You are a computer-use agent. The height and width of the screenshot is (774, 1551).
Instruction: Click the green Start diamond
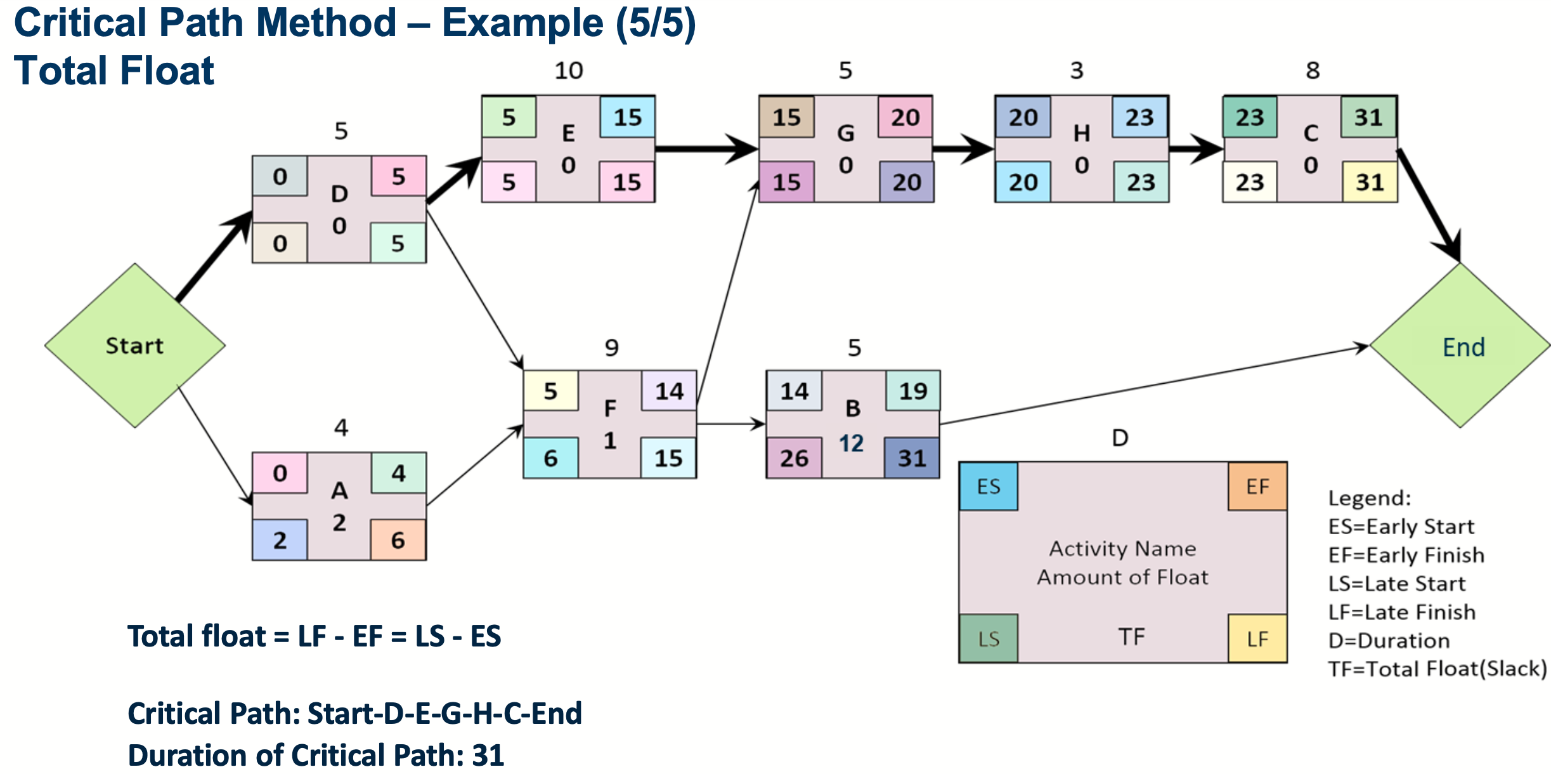point(134,346)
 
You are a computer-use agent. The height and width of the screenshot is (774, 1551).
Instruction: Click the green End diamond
point(1460,346)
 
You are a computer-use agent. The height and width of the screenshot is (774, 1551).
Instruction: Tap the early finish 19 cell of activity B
point(912,391)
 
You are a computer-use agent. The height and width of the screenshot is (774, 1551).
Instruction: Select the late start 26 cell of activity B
point(794,458)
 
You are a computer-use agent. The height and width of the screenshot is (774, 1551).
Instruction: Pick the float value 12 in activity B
point(852,443)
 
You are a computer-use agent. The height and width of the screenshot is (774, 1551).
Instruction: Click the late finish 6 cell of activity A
point(398,540)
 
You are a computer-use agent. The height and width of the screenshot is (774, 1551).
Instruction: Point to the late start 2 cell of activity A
point(280,540)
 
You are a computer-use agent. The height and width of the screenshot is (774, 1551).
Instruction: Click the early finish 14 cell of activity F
point(669,391)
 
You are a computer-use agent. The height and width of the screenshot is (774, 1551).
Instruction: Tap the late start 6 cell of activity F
point(550,458)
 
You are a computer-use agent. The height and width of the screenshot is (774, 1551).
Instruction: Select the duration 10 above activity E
point(568,70)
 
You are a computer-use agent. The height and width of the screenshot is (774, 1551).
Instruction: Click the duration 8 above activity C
point(1313,70)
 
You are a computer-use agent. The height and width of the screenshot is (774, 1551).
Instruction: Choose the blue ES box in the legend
point(988,487)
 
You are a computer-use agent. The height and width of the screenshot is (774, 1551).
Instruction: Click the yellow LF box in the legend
point(1257,639)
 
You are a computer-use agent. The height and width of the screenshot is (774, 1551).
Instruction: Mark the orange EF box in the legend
point(1257,487)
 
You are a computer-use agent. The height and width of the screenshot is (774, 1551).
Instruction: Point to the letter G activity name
point(846,133)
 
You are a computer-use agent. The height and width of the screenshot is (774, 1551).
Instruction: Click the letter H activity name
point(1082,133)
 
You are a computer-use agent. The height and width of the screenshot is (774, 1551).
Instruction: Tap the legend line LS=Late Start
point(1397,584)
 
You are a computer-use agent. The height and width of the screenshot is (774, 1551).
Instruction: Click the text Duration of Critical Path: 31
point(316,755)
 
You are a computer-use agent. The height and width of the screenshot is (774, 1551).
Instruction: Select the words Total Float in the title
point(114,70)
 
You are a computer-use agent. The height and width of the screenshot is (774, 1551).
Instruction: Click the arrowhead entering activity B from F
point(759,424)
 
